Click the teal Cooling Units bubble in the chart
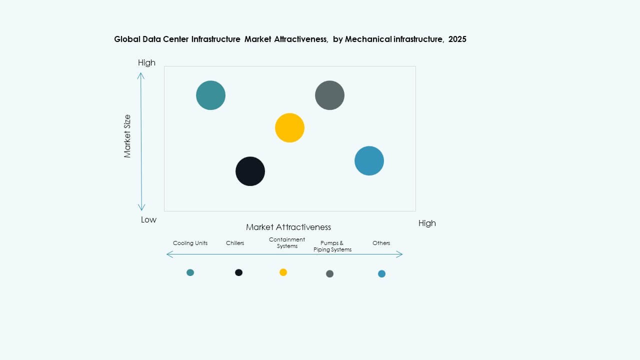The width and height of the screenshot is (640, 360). pos(210,95)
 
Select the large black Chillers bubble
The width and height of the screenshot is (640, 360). pos(250,171)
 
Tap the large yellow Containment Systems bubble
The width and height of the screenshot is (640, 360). pos(289,128)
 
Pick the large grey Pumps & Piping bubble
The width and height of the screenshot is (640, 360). pos(329,95)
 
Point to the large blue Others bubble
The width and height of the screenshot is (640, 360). pos(369,161)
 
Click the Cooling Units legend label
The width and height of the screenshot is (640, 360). pos(190,243)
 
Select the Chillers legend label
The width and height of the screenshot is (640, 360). pos(235,243)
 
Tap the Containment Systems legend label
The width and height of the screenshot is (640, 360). pos(287,242)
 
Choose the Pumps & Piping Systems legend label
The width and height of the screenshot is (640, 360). pos(332,246)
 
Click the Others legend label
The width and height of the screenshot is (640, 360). pos(381,243)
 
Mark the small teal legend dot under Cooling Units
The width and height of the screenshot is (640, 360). pos(190,272)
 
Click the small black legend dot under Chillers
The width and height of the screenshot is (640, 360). pos(238,272)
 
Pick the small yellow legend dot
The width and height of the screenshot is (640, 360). pos(283,272)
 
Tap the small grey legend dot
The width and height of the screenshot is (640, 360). pos(329,273)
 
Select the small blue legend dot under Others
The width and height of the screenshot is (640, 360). pos(381,273)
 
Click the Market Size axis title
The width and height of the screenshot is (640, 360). pos(127,136)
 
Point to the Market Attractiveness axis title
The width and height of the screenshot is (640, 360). pos(288,227)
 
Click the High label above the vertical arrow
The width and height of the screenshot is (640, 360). pos(146,62)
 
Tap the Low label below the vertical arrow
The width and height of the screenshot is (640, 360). pos(148,219)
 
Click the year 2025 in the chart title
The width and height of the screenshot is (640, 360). pos(457,39)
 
